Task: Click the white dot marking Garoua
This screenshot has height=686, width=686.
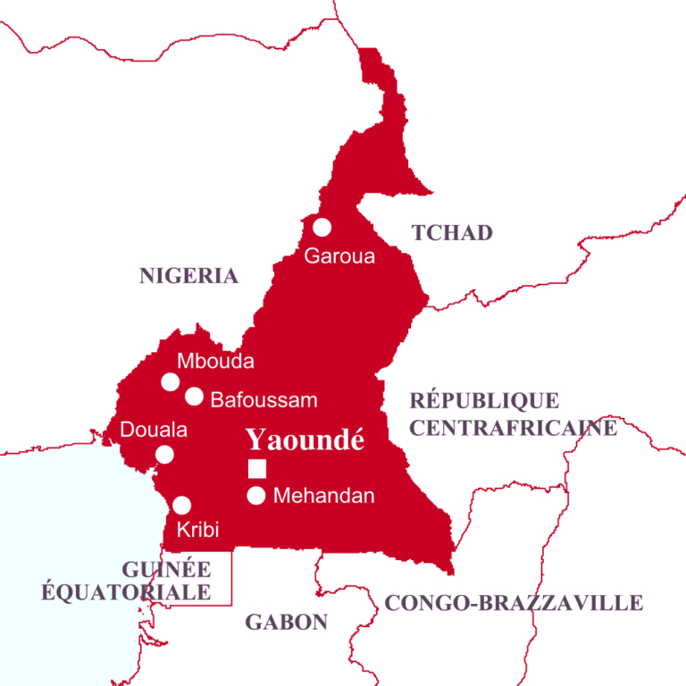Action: click(x=322, y=227)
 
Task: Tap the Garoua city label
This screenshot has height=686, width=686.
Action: click(x=339, y=256)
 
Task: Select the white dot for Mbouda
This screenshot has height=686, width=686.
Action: click(x=170, y=382)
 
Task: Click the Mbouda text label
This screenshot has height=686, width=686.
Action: click(x=215, y=362)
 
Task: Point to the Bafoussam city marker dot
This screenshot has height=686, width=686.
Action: click(x=194, y=396)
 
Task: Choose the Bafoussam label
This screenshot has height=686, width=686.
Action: click(x=264, y=400)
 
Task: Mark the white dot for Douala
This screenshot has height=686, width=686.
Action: click(x=164, y=455)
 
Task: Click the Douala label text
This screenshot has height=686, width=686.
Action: click(x=154, y=431)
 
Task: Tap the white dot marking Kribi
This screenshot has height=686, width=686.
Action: click(x=181, y=505)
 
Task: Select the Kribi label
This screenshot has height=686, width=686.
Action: click(x=198, y=530)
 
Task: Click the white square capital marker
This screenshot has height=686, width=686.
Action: click(x=257, y=468)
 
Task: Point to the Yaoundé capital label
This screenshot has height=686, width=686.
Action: click(x=305, y=439)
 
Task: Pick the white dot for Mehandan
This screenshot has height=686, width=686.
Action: click(x=256, y=496)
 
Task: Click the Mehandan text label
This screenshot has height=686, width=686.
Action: click(x=323, y=496)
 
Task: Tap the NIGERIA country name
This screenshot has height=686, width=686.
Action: click(x=188, y=276)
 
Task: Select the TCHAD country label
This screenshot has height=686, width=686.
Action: click(x=452, y=233)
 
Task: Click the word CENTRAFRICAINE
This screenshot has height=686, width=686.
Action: click(x=513, y=428)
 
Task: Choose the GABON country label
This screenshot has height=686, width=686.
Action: click(x=287, y=623)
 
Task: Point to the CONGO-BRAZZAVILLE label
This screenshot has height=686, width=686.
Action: click(x=514, y=604)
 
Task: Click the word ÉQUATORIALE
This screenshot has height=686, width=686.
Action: click(x=125, y=591)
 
